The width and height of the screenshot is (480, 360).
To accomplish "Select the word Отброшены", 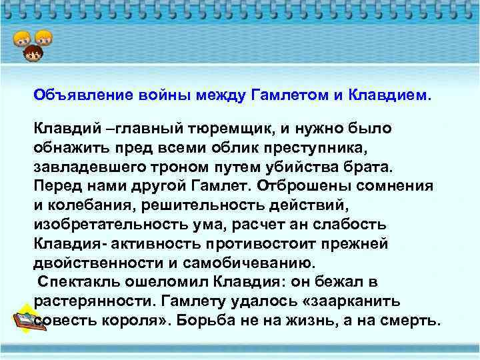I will (289, 184).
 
